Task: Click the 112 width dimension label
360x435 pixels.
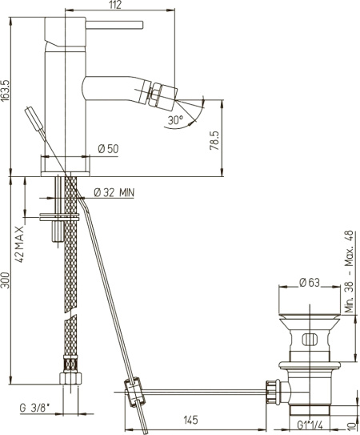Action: point(115,5)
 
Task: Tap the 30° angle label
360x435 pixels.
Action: point(175,120)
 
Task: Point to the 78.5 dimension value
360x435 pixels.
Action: point(214,141)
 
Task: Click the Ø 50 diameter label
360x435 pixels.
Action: point(108,149)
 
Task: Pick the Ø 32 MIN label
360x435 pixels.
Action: point(114,192)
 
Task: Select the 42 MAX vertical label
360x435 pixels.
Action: point(19,244)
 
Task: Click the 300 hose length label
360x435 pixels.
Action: point(6,280)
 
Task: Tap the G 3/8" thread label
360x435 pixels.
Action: point(34,408)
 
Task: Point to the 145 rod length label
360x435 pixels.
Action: point(191,420)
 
